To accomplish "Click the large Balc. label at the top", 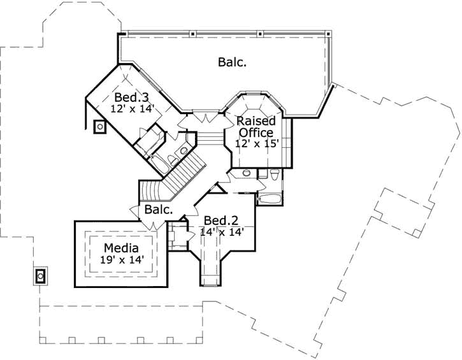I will (x=232, y=62).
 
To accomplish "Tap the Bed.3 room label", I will (x=131, y=97).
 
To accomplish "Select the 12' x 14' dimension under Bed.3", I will (x=133, y=109).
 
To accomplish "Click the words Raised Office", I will (x=256, y=127).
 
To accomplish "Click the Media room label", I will (x=120, y=248).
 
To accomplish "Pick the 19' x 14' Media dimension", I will (x=120, y=259).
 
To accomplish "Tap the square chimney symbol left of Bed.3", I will (x=100, y=127).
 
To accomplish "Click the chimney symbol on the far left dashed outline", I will (x=40, y=276).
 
